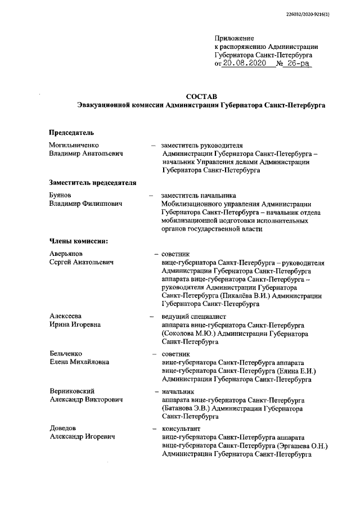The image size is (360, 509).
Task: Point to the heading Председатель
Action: pos(71,133)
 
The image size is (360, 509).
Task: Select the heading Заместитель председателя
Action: pos(92,182)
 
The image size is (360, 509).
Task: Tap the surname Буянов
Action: pos(61,195)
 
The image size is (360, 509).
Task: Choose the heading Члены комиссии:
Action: pos(78,241)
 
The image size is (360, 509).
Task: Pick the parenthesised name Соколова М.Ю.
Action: pos(190,334)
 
